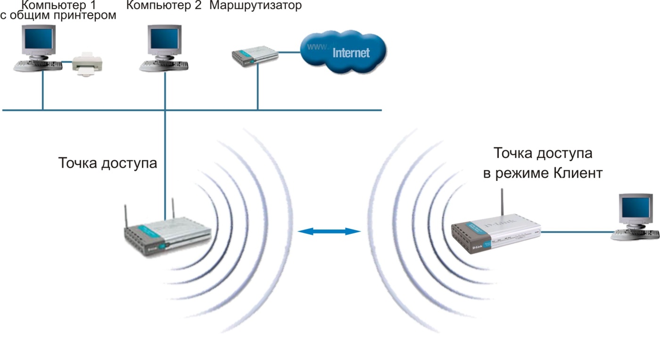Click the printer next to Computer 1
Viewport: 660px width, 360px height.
[87, 64]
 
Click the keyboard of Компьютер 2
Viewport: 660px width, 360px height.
[164, 66]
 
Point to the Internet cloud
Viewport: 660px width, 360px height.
[343, 52]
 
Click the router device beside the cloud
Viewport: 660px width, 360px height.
[255, 56]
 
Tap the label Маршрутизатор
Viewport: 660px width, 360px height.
[256, 5]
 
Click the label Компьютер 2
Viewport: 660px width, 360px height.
[164, 5]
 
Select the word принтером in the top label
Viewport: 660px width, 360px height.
[88, 16]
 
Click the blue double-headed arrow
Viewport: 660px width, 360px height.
[329, 231]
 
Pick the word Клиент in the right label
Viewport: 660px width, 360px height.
[578, 172]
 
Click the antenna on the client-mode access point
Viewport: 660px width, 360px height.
[503, 203]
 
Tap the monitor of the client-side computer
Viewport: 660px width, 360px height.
[635, 210]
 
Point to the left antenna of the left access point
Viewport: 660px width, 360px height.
[126, 217]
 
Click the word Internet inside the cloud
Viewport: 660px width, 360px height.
[351, 53]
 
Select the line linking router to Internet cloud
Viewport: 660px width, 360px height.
[289, 52]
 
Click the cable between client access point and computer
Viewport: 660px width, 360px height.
[578, 232]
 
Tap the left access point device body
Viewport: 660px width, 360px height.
[167, 237]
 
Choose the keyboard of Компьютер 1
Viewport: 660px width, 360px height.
[38, 66]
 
